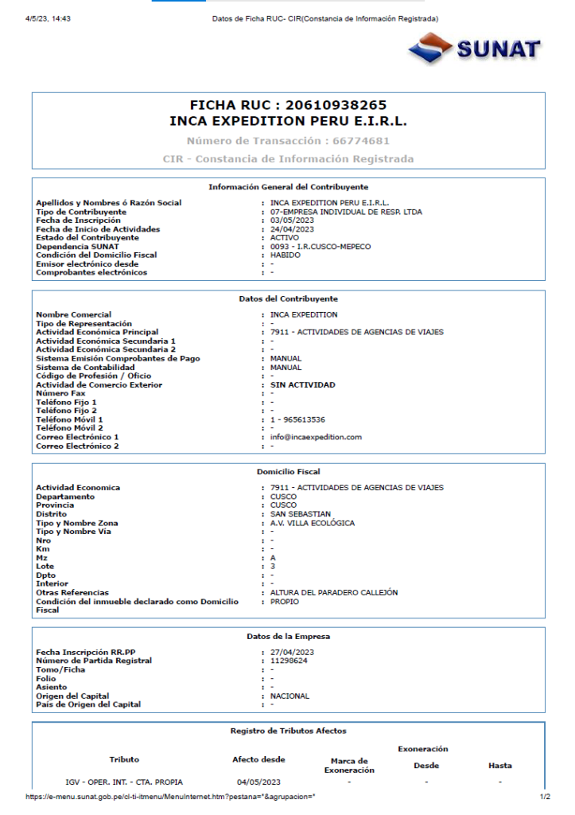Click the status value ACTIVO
coord(285,237)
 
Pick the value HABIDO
coord(286,255)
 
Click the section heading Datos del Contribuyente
coord(288,298)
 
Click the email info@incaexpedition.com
coord(316,437)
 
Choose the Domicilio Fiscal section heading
coord(288,472)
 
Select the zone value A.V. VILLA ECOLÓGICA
coord(313,523)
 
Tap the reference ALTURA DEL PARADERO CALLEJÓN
coord(334,593)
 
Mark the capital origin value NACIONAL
coord(289,696)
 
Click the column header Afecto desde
coord(258,759)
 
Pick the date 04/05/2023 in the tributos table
coord(258,782)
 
